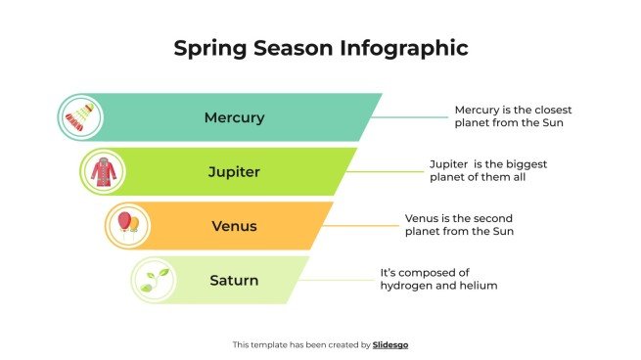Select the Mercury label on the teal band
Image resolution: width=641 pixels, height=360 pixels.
[234, 117]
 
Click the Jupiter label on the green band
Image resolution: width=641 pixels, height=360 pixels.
[234, 172]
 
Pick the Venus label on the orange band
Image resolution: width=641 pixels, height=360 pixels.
[234, 226]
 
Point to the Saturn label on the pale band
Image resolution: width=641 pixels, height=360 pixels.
[234, 281]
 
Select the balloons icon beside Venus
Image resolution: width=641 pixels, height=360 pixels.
[128, 226]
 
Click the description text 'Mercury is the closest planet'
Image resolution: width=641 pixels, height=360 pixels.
[509, 116]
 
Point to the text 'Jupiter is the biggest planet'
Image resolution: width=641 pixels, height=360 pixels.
[483, 170]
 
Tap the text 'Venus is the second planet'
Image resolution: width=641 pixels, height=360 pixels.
[459, 225]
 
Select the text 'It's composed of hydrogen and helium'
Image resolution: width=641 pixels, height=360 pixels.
[438, 279]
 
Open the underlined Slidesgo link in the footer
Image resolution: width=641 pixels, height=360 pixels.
[390, 344]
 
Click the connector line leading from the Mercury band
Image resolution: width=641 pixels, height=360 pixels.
[411, 117]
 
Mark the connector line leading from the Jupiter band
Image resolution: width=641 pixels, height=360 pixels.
[386, 172]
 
